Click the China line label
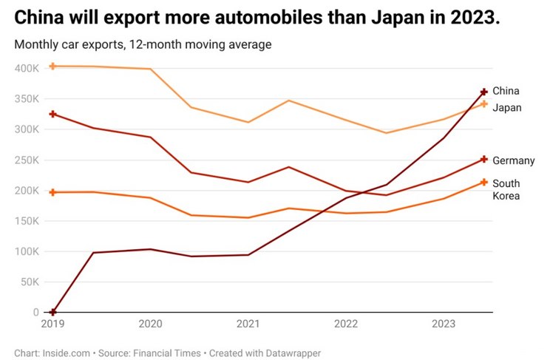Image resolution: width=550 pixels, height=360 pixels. click(x=506, y=91)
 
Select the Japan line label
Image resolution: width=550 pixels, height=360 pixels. click(x=507, y=108)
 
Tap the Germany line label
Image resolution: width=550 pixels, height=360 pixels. click(x=513, y=160)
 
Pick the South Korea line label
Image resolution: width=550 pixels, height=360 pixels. click(x=506, y=189)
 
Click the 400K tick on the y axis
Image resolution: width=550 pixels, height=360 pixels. click(x=27, y=68)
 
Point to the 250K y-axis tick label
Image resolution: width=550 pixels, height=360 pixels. click(x=27, y=160)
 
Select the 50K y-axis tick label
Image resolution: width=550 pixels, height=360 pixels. click(x=30, y=282)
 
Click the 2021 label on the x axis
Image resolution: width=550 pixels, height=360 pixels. click(x=248, y=324)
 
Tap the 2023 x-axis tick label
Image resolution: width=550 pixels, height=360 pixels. click(x=444, y=324)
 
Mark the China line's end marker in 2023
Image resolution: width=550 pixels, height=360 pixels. click(x=484, y=92)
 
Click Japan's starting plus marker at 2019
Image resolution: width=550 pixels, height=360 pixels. click(x=52, y=67)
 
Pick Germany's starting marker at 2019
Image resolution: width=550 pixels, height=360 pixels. click(x=52, y=114)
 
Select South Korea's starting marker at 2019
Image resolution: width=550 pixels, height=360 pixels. click(x=52, y=192)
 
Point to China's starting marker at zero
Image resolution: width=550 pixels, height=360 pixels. click(x=52, y=312)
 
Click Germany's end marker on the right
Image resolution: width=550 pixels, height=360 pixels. click(x=484, y=159)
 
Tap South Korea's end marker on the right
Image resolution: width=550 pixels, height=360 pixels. click(x=484, y=182)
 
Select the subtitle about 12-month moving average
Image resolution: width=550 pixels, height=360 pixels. click(x=143, y=44)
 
